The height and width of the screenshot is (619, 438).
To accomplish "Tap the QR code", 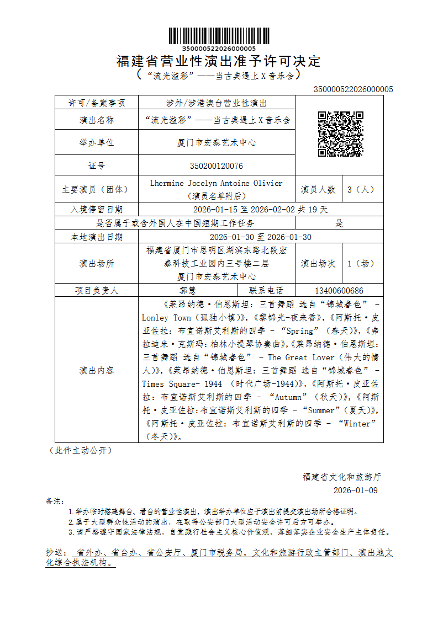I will (340, 134).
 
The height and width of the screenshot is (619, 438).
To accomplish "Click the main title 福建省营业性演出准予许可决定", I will (219, 61).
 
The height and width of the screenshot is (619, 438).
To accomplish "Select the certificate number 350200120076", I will (216, 166).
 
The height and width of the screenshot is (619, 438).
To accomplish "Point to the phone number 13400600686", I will (339, 291).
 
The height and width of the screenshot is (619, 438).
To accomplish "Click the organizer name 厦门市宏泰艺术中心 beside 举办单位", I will (216, 142).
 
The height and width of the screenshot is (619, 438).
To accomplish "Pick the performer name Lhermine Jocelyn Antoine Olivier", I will (216, 183).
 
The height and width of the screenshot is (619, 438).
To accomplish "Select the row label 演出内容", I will (96, 370).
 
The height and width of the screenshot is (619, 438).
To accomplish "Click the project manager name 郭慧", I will (188, 291).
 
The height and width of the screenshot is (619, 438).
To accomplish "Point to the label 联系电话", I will (266, 291).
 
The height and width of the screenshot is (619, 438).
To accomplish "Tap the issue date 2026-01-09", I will (356, 490).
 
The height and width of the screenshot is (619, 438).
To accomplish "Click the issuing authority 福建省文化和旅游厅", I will (341, 476).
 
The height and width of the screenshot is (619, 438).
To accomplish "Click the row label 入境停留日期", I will (96, 210).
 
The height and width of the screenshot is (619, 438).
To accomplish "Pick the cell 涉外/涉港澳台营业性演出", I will (216, 103).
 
